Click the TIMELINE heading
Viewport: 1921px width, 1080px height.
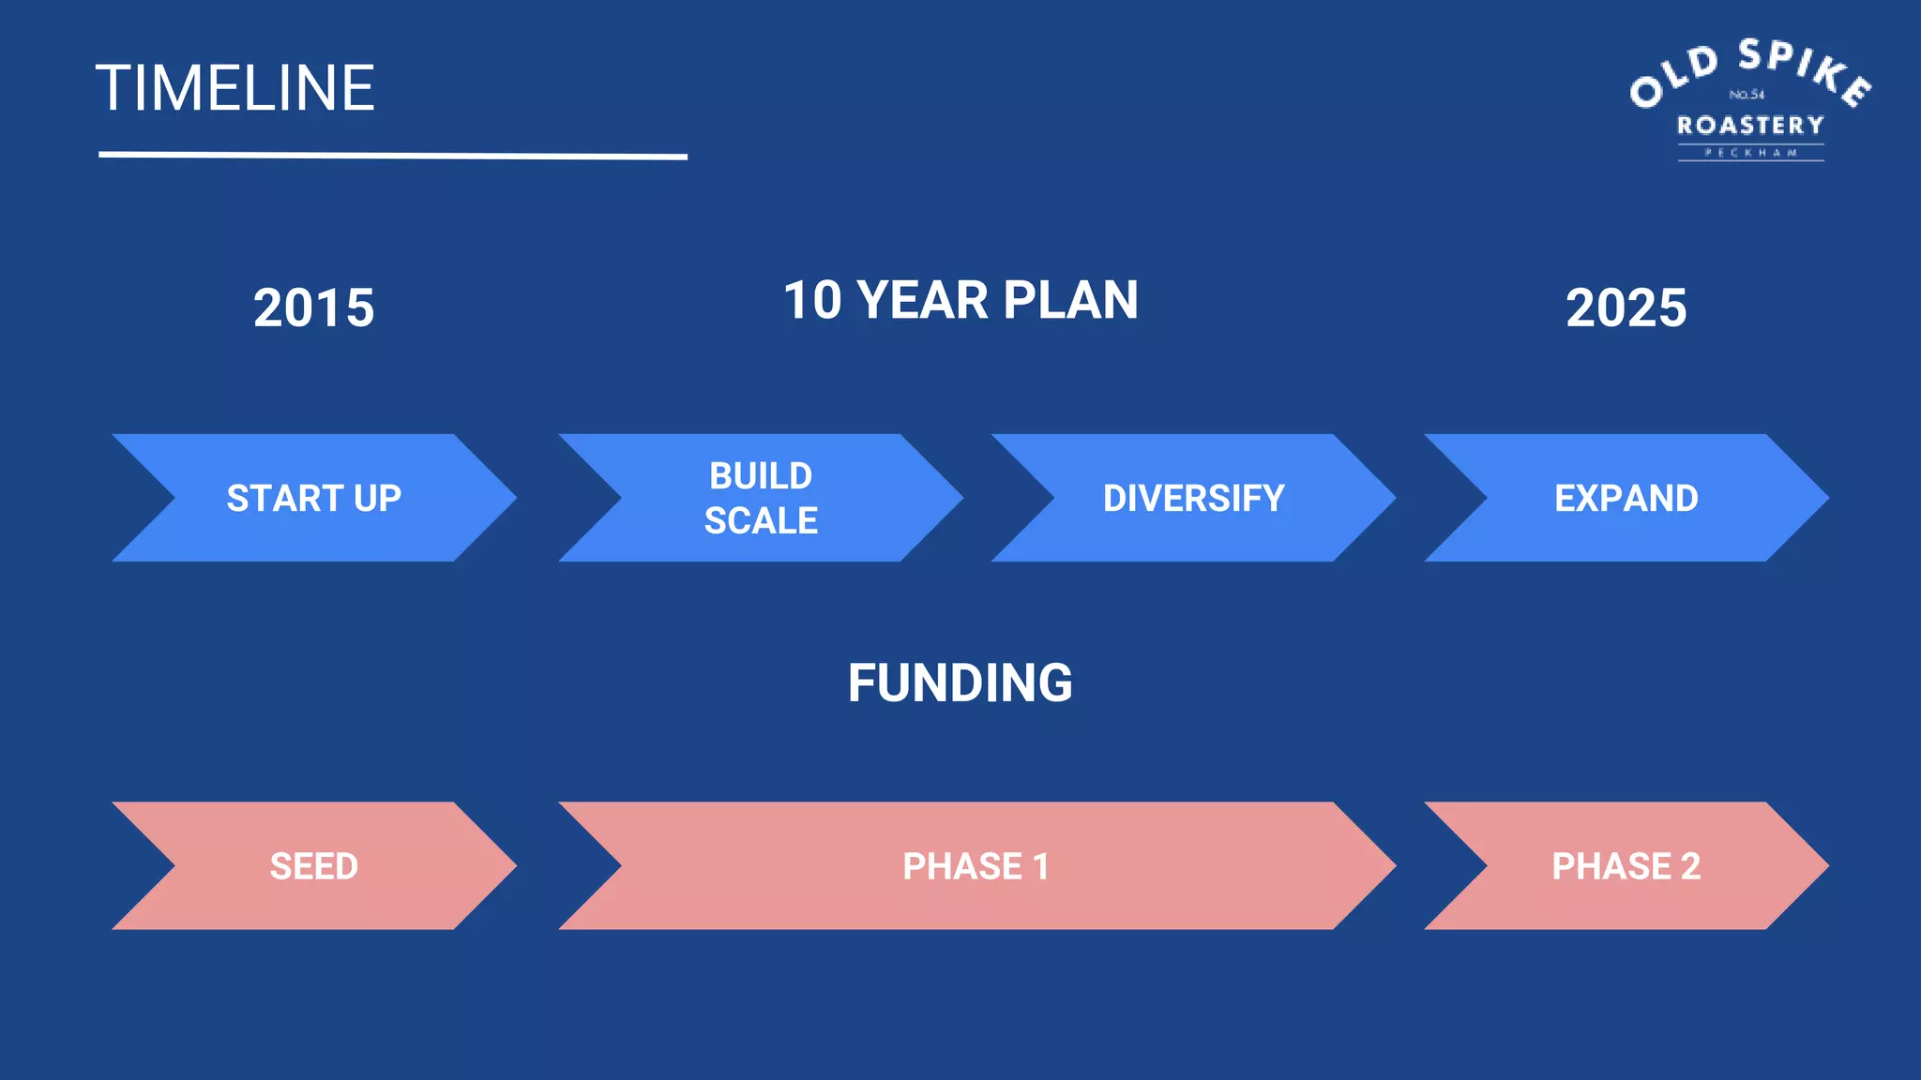pyautogui.click(x=234, y=89)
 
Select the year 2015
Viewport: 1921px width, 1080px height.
pyautogui.click(x=313, y=308)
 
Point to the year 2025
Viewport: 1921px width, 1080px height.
pyautogui.click(x=1626, y=308)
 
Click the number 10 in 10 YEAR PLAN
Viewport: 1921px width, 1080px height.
pyautogui.click(x=812, y=301)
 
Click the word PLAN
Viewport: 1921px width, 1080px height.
pyautogui.click(x=1070, y=301)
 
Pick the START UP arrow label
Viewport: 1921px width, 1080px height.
pyautogui.click(x=313, y=498)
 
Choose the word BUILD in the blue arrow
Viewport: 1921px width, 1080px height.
pyautogui.click(x=761, y=476)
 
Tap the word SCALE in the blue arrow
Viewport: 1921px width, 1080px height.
pyautogui.click(x=761, y=521)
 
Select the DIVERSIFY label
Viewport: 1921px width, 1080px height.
pyautogui.click(x=1193, y=498)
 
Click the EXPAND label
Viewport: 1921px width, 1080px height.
pyautogui.click(x=1626, y=498)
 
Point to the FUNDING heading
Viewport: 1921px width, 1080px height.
pyautogui.click(x=960, y=682)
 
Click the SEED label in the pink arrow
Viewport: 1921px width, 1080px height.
pyautogui.click(x=313, y=866)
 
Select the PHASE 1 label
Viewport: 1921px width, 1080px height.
pyautogui.click(x=976, y=866)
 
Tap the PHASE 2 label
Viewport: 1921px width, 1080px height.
pyautogui.click(x=1626, y=866)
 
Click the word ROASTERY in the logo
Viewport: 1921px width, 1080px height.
pyautogui.click(x=1750, y=126)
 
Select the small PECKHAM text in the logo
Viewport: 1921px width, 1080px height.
pyautogui.click(x=1750, y=153)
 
